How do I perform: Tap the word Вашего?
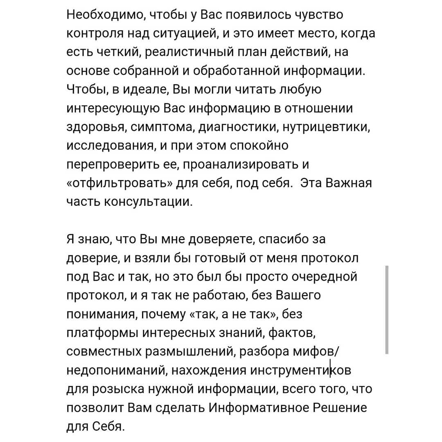pos(299,296)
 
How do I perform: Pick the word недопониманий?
pos(116,371)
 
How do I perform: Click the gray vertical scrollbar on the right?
pos(387,309)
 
